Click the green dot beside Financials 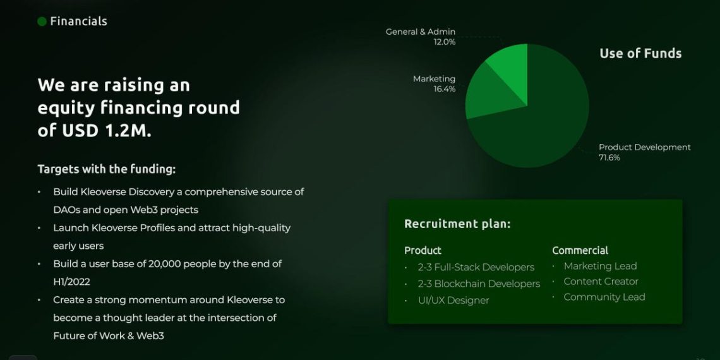click(x=42, y=21)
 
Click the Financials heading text click(x=78, y=21)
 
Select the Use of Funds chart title click(x=640, y=53)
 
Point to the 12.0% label click(x=445, y=42)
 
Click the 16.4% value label click(x=445, y=89)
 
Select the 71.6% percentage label click(x=609, y=157)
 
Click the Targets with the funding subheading click(x=107, y=169)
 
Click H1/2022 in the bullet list click(x=71, y=282)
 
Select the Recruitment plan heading click(x=457, y=224)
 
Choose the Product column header click(x=423, y=251)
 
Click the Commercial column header click(x=580, y=250)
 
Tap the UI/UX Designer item click(x=453, y=300)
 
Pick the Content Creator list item click(x=601, y=282)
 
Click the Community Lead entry click(x=604, y=297)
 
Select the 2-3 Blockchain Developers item click(x=479, y=284)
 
